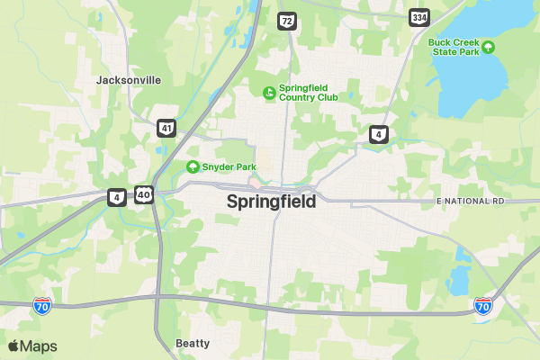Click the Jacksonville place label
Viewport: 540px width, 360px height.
129,80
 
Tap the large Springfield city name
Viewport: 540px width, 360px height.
271,202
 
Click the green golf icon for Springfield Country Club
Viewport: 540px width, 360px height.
268,92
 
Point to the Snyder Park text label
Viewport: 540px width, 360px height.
229,166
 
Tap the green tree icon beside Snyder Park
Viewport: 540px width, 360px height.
193,166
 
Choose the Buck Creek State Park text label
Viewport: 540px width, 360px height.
454,47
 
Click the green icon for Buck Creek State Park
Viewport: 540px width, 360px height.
489,46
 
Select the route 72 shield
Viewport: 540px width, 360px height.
286,20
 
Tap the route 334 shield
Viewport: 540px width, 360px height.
418,17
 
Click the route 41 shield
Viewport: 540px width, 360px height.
166,128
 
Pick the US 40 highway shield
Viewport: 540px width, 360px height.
144,194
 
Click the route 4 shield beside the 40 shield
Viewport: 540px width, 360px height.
117,196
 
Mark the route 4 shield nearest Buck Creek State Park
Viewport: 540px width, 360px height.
379,135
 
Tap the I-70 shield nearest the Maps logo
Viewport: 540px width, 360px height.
42,306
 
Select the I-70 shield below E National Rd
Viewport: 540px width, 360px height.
483,306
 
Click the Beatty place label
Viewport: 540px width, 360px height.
193,343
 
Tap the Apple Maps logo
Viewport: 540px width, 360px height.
32,346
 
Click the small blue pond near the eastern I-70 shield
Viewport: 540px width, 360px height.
458,280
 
